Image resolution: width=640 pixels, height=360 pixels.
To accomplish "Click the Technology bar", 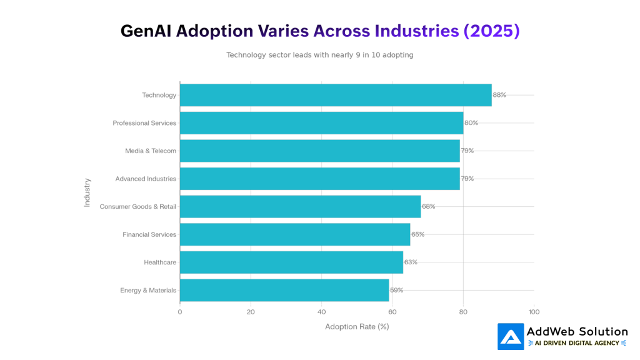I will click(x=336, y=95).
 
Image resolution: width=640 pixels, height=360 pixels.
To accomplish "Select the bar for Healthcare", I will click(x=291, y=262).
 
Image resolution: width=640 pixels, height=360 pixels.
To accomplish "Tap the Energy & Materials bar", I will click(x=284, y=290).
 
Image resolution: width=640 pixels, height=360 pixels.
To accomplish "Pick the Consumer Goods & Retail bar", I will click(x=300, y=206).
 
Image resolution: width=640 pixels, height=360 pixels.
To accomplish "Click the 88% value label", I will click(x=499, y=95).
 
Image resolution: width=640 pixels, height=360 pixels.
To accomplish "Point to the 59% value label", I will click(x=396, y=290).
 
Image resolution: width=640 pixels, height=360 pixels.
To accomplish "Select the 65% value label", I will click(x=417, y=234).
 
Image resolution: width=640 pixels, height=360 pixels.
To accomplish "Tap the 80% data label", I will click(x=471, y=123).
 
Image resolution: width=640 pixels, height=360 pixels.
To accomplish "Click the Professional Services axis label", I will click(x=144, y=123).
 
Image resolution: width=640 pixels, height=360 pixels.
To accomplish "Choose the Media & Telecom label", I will click(x=151, y=151).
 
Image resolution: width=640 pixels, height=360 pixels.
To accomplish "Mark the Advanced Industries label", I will click(x=146, y=179).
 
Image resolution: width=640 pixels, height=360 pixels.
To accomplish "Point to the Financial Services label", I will click(x=149, y=234).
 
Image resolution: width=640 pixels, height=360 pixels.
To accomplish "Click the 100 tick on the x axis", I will click(x=534, y=311).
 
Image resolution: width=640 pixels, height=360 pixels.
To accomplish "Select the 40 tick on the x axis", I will click(x=321, y=311).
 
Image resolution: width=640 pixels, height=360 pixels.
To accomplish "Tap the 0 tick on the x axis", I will click(x=180, y=311).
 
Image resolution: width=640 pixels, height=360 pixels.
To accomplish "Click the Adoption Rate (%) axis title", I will click(x=357, y=326).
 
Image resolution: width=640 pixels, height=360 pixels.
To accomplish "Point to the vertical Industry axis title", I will click(x=87, y=192).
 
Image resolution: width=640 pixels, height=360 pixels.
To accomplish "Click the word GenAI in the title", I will click(x=146, y=31).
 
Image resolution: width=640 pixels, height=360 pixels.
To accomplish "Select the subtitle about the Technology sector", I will click(x=319, y=55).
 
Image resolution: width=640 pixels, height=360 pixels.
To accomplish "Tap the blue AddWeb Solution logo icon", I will click(x=511, y=336).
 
